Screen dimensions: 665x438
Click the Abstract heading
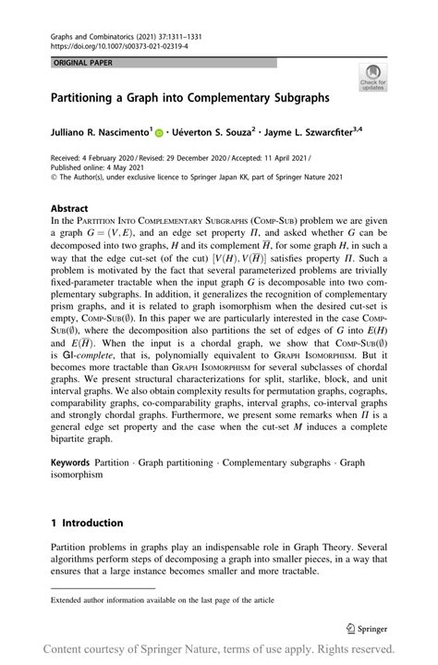point(70,209)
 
